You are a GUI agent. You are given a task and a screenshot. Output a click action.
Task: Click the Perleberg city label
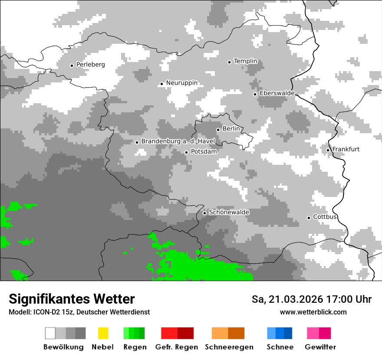pos(90,65)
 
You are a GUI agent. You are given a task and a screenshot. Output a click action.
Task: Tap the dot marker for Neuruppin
pos(161,84)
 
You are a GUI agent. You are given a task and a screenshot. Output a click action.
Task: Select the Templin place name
pos(245,61)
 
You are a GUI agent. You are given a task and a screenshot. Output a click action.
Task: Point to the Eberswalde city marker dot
pos(255,94)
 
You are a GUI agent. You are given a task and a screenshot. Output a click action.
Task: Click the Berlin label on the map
pos(231,129)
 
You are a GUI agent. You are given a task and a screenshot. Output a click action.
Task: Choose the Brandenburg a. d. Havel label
pos(178,141)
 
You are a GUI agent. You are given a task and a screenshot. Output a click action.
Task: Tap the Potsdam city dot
pos(187,152)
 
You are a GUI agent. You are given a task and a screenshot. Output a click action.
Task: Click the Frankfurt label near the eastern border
pos(346,149)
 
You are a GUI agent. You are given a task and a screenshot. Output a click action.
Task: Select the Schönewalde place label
pos(229,212)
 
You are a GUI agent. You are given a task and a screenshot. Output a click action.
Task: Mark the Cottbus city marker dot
pos(309,218)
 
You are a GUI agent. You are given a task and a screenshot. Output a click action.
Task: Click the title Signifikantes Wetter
pos(72,299)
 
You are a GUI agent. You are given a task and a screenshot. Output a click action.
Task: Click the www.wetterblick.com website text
pos(313,312)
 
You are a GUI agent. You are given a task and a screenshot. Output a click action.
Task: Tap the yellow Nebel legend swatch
pos(103,333)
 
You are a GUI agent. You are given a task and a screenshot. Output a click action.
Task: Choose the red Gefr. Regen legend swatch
pos(177,333)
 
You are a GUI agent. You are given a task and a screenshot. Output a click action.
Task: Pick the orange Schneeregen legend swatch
pos(228,333)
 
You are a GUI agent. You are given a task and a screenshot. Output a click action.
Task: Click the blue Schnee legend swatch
pos(280,333)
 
